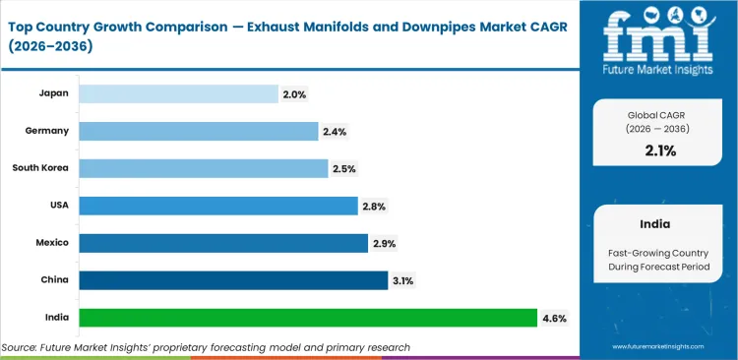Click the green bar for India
pyautogui.click(x=307, y=318)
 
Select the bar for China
pyautogui.click(x=233, y=280)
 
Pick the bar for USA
pyautogui.click(x=217, y=206)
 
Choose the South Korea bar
pyautogui.click(x=203, y=168)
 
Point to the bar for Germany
pyautogui.click(x=198, y=131)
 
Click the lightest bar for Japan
pyautogui.click(x=178, y=93)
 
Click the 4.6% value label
pyautogui.click(x=554, y=318)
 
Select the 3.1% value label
pyautogui.click(x=403, y=281)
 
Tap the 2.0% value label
pyautogui.click(x=294, y=94)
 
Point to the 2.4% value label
pyautogui.click(x=334, y=132)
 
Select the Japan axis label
pyautogui.click(x=54, y=93)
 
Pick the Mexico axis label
pyautogui.click(x=52, y=243)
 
